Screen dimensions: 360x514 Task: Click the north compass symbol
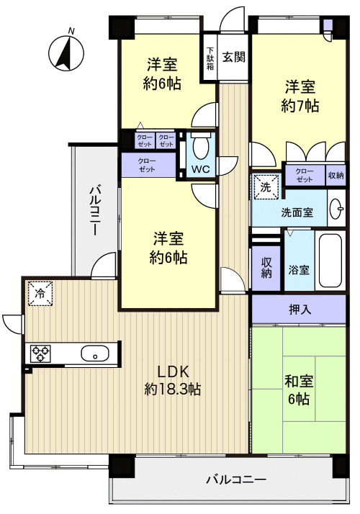[66, 53]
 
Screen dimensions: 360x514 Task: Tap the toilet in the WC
[200, 146]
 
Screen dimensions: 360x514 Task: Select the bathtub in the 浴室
[330, 261]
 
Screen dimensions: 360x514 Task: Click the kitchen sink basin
[95, 353]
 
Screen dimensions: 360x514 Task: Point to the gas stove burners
[40, 353]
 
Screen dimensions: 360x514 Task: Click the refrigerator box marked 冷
[40, 294]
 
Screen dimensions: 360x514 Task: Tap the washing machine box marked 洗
[266, 186]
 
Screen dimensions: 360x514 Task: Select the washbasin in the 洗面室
[337, 209]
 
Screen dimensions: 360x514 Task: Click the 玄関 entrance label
[234, 57]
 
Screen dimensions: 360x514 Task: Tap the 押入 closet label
[299, 309]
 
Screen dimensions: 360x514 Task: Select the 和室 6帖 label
[299, 390]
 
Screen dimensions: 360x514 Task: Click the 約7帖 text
[300, 106]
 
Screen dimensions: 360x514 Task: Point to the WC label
[201, 169]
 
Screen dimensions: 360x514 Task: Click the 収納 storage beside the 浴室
[266, 268]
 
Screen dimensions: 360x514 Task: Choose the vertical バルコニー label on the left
[95, 211]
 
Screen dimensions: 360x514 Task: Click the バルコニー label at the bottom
[236, 480]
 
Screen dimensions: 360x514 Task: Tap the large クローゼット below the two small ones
[148, 165]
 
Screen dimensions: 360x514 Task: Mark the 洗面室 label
[297, 212]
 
